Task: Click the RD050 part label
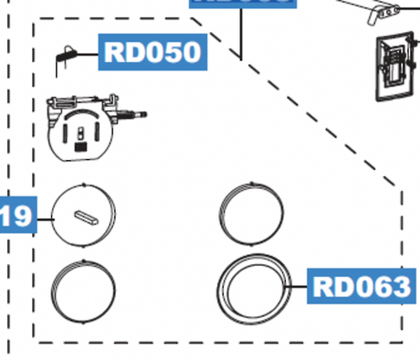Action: coord(152,51)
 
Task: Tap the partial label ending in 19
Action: coord(16,217)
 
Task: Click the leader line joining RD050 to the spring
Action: coord(87,55)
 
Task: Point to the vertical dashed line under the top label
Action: coord(241,32)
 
